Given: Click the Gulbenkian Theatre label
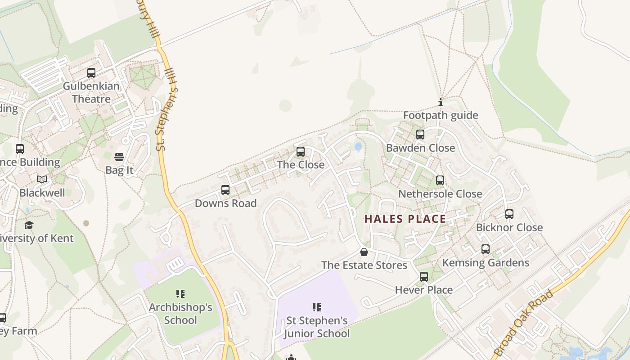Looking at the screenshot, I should pyautogui.click(x=91, y=92).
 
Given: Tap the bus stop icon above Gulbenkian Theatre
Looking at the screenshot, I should pyautogui.click(x=91, y=72).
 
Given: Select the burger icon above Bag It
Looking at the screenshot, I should pyautogui.click(x=119, y=157).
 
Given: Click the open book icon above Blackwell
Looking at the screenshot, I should pyautogui.click(x=42, y=179).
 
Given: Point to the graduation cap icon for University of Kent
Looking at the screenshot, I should pyautogui.click(x=29, y=225).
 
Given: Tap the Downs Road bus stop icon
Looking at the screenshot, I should pyautogui.click(x=225, y=190).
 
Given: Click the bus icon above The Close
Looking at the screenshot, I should pyautogui.click(x=301, y=152).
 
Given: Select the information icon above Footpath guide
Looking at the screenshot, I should pyautogui.click(x=440, y=102).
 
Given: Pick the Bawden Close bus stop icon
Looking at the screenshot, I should pyautogui.click(x=420, y=135).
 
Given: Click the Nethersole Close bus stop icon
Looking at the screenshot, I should pyautogui.click(x=440, y=180).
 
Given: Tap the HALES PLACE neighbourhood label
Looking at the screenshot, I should pyautogui.click(x=405, y=219).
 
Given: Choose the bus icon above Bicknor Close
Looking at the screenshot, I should pyautogui.click(x=509, y=214).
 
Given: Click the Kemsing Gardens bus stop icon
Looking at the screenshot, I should pyautogui.click(x=486, y=249).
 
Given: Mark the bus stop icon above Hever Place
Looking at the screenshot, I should pyautogui.click(x=424, y=277).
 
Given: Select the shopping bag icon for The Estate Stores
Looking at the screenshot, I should pyautogui.click(x=364, y=252).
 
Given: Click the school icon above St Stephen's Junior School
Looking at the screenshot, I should pyautogui.click(x=316, y=307).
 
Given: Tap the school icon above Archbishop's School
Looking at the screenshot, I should pyautogui.click(x=180, y=294).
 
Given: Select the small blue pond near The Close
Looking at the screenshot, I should pyautogui.click(x=358, y=146).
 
